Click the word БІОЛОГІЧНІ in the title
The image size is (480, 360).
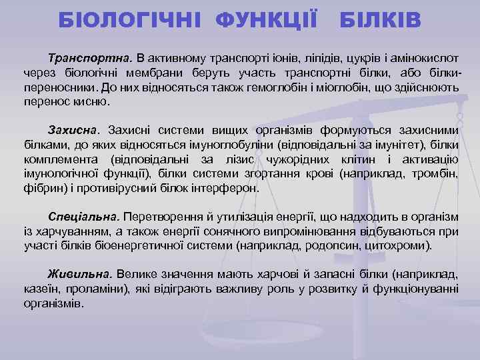133,19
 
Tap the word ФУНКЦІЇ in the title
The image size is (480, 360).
266,19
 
